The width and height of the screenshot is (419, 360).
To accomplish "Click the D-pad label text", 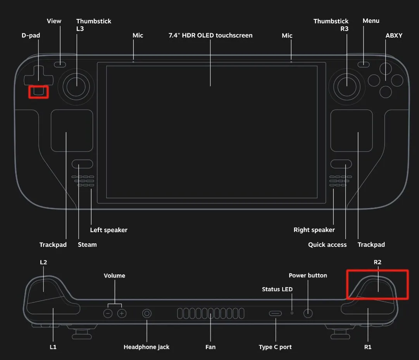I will (31, 36).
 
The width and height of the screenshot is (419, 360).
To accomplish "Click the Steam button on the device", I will (82, 164).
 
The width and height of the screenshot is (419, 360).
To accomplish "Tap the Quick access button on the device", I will (341, 164).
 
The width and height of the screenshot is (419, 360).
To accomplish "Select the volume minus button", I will (108, 313).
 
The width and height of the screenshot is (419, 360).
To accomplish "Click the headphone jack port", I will (147, 313).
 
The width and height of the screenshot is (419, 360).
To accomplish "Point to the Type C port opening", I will (276, 313).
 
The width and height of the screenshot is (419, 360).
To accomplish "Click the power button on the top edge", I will (308, 313).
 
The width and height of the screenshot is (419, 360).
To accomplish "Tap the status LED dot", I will (292, 312).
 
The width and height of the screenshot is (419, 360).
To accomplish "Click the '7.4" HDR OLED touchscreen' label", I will (210, 36).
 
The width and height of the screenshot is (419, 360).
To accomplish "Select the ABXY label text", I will (394, 36).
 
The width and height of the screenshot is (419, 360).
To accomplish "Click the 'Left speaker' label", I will (109, 230).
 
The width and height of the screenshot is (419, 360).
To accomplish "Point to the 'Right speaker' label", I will (314, 230).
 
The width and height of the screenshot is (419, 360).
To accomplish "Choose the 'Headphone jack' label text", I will (147, 347).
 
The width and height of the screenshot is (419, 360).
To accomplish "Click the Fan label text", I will (210, 347).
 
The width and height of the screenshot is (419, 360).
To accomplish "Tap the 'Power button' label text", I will (308, 276).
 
